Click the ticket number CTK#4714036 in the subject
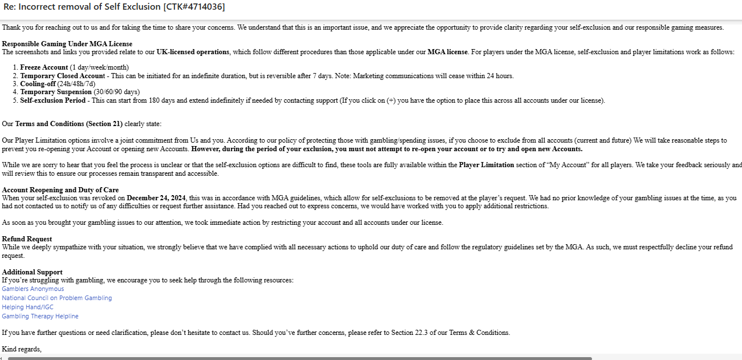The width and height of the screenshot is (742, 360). click(x=194, y=7)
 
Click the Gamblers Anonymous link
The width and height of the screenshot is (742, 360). click(x=33, y=289)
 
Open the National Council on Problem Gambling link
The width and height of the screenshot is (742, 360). click(x=57, y=298)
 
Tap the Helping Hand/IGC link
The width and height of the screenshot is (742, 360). click(x=27, y=307)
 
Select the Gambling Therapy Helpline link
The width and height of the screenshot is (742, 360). click(x=40, y=316)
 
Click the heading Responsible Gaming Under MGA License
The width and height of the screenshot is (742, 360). click(x=67, y=44)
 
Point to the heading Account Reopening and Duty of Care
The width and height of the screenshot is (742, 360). click(x=60, y=190)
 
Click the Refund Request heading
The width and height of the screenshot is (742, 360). click(x=27, y=239)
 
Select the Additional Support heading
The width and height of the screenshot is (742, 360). click(x=32, y=272)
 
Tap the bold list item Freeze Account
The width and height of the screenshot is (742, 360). click(x=44, y=67)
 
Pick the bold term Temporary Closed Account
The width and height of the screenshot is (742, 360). click(x=63, y=76)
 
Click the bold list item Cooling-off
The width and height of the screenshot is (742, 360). click(x=38, y=84)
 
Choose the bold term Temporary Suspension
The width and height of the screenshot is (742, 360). click(x=56, y=92)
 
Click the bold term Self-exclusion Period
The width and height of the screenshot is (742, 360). click(x=52, y=100)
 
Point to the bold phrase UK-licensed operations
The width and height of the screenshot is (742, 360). click(x=193, y=52)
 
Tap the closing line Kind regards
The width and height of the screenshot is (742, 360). click(x=22, y=349)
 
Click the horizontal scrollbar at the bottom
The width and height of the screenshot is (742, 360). click(x=299, y=358)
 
